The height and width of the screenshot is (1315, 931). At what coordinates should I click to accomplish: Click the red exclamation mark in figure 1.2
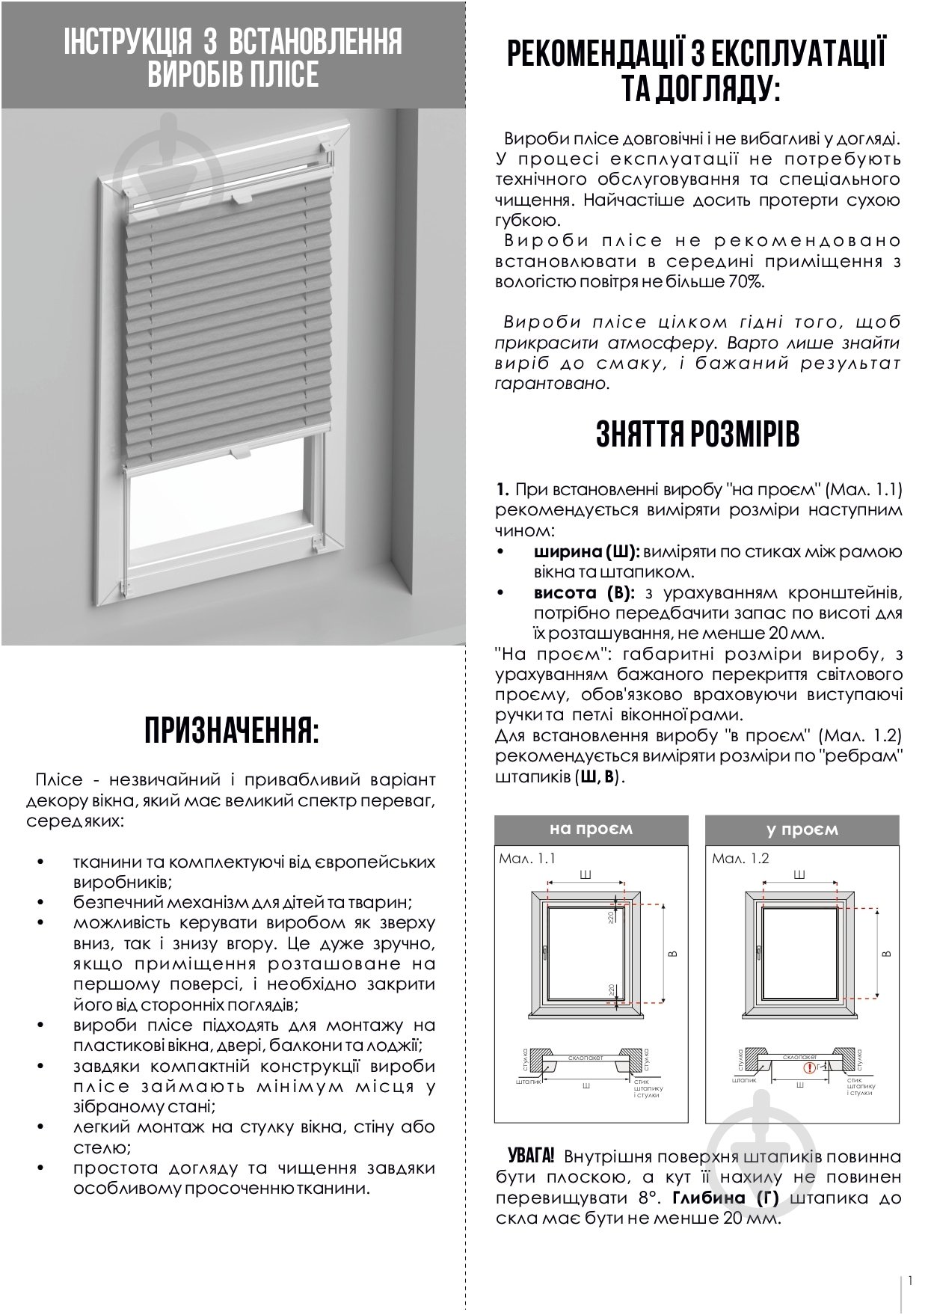pos(810,1067)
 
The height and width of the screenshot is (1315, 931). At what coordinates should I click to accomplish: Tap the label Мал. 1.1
pos(526,859)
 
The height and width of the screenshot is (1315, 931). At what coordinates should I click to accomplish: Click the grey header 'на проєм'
pos(591,830)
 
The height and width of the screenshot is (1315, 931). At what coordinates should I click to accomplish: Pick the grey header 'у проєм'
pos(802,830)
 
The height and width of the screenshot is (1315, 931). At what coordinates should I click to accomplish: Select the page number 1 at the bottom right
pos(910,1280)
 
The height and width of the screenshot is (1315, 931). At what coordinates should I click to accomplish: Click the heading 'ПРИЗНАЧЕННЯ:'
pos(231,731)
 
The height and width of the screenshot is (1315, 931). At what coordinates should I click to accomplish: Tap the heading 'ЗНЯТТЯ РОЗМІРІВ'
pos(697,435)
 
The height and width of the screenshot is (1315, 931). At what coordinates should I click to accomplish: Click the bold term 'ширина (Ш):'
pos(586,551)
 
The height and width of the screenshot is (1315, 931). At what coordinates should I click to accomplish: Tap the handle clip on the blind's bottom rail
pos(242,453)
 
